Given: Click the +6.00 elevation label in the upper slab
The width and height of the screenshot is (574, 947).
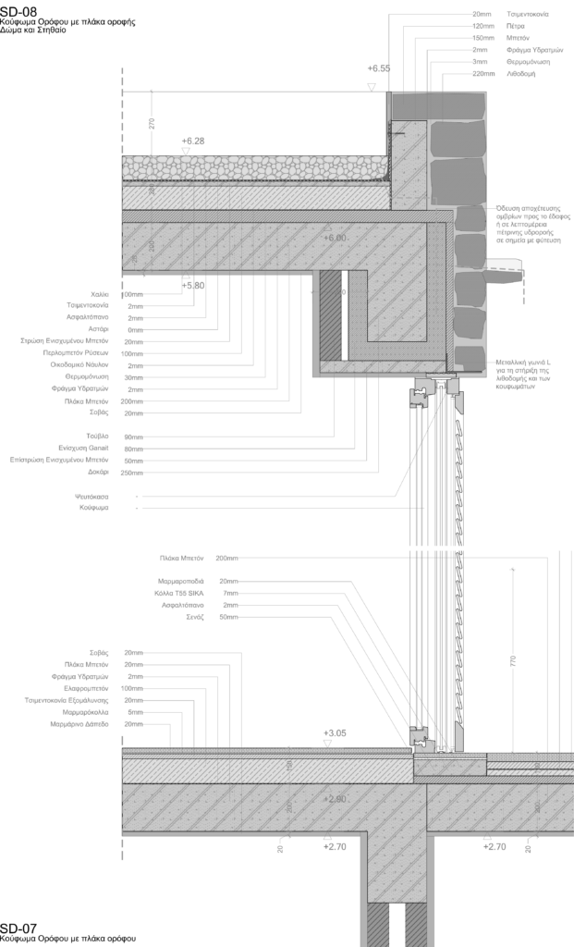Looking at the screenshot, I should pyautogui.click(x=336, y=238).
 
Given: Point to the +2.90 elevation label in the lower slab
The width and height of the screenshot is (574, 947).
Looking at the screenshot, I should pyautogui.click(x=336, y=798).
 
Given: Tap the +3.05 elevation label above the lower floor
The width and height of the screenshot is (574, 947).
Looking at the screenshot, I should pyautogui.click(x=336, y=732).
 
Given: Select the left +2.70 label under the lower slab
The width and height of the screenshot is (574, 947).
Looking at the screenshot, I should pyautogui.click(x=336, y=847).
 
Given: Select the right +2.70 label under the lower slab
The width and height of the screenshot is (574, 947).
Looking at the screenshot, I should pyautogui.click(x=495, y=847).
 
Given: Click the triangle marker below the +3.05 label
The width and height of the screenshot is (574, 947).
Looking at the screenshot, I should pyautogui.click(x=327, y=743).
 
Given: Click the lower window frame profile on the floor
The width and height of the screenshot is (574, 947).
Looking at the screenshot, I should pyautogui.click(x=422, y=737).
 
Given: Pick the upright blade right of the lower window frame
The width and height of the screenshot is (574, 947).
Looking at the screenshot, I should pyautogui.click(x=459, y=737).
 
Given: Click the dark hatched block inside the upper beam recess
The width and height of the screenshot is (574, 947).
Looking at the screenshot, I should pyautogui.click(x=331, y=316).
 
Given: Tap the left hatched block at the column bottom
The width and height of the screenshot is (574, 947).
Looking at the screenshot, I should pyautogui.click(x=379, y=925).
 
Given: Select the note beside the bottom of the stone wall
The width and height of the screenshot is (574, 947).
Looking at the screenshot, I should pyautogui.click(x=523, y=370).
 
